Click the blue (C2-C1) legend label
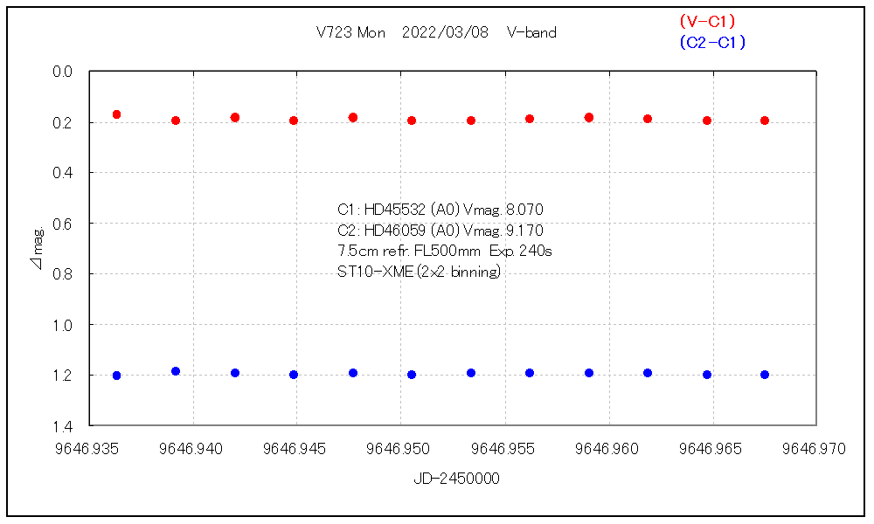[x=712, y=42]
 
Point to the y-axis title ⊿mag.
[x=38, y=248]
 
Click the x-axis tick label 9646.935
[x=89, y=449]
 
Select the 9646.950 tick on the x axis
[x=400, y=449]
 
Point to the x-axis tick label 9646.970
[x=815, y=449]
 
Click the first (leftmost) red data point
[x=116, y=114]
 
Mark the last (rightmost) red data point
[x=765, y=121]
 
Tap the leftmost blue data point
[x=116, y=376]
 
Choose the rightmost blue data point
[x=765, y=375]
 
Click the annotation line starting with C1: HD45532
[x=441, y=210]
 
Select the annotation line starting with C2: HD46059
[x=440, y=231]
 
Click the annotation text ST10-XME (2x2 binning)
[x=419, y=272]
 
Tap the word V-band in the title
[x=531, y=33]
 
